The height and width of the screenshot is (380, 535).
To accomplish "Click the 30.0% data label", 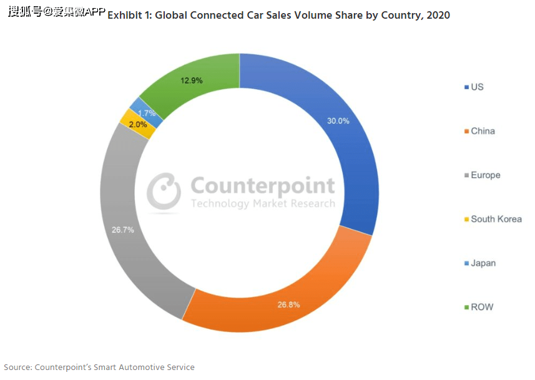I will [338, 121].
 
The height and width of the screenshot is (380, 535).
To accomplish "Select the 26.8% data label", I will [288, 304].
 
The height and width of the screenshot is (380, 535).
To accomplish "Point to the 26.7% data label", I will [123, 230].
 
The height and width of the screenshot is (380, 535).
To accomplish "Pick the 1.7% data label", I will [147, 113].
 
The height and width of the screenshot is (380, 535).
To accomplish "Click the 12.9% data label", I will [191, 80].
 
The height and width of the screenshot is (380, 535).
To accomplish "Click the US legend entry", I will [477, 87].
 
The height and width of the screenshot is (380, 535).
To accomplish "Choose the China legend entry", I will [483, 131].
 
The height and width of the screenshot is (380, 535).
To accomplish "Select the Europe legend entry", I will [485, 175].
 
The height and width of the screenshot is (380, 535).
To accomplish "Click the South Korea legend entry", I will [496, 219].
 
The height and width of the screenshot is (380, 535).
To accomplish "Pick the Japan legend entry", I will [483, 263].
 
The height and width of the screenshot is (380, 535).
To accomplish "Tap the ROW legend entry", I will [481, 307].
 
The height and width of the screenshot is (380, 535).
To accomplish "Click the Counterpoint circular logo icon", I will [164, 190].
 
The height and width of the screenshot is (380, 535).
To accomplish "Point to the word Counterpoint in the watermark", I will [262, 186].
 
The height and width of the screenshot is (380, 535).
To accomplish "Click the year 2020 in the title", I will [438, 15].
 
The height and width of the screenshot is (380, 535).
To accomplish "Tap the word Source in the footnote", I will [17, 367].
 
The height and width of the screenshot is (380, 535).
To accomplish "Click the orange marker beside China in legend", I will [466, 131].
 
